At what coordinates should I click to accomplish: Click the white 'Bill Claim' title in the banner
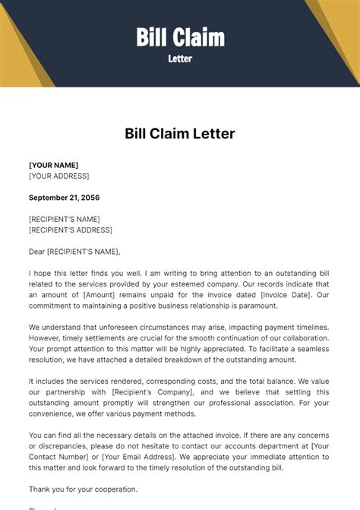(180, 36)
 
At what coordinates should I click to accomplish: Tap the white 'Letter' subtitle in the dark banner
(180, 59)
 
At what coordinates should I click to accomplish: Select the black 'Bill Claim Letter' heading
(180, 134)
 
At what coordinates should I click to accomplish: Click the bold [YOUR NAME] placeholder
(53, 165)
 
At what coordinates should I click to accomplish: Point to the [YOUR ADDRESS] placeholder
(58, 176)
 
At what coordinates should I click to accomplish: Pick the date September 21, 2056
(64, 198)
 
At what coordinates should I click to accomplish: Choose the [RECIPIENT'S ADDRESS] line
(70, 230)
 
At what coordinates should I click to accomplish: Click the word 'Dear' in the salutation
(36, 252)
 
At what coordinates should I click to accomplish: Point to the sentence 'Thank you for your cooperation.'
(83, 489)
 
